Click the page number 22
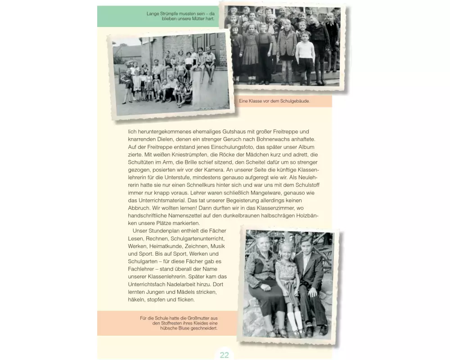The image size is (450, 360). pos(224,355)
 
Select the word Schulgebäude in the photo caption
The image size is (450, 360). pos(294,101)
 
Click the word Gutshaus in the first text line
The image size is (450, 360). pos(224,131)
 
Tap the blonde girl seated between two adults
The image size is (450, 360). pos(287,270)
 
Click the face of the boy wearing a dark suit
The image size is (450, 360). pos(306,245)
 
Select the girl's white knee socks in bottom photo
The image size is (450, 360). pos(294,320)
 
